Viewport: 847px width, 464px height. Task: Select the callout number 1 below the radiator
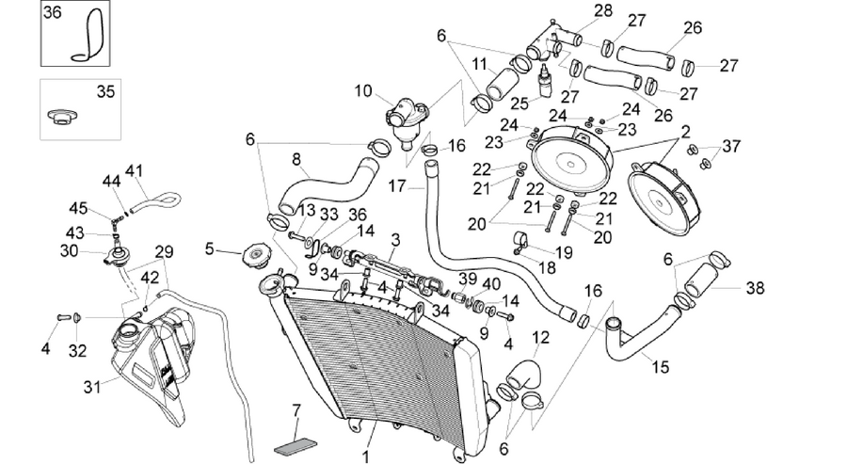click(366, 456)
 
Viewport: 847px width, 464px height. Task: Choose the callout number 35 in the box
click(105, 91)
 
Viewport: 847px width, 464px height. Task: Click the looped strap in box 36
click(89, 36)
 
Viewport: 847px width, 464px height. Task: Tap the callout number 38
click(755, 288)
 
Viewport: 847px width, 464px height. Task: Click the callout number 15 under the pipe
click(660, 367)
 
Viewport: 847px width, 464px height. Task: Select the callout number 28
click(603, 10)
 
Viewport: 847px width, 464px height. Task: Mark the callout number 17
click(397, 186)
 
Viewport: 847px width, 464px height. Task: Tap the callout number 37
click(731, 146)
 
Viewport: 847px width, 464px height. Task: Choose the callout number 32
click(77, 351)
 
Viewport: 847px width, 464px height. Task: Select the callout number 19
click(564, 252)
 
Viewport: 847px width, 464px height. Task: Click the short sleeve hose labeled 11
click(503, 85)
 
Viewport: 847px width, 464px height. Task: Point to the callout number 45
click(78, 208)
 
